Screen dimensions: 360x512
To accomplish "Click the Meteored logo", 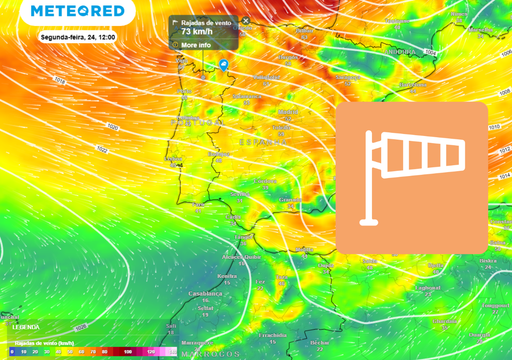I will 78,12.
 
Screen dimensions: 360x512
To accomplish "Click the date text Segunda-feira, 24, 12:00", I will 78,36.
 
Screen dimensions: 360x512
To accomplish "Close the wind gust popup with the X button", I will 245,20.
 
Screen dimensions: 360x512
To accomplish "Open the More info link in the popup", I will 196,45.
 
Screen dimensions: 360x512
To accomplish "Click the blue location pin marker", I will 224,66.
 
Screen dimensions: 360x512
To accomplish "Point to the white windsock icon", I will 411,176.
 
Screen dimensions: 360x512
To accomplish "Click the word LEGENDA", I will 25,327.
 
